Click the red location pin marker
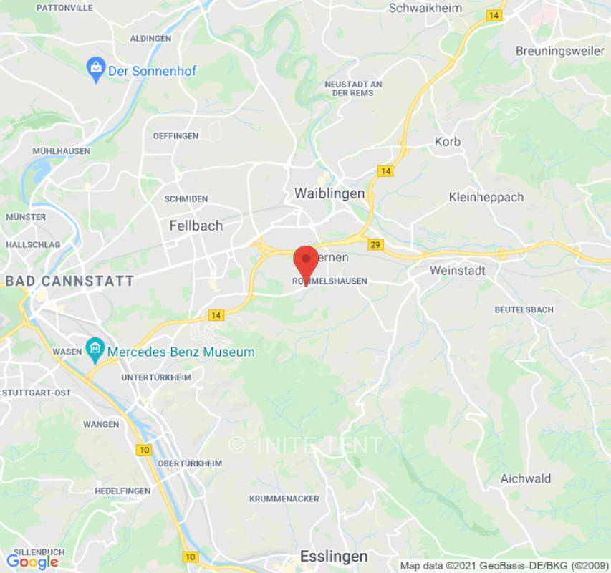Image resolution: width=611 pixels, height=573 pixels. click(x=307, y=261)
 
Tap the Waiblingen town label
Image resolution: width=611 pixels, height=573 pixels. click(x=329, y=193)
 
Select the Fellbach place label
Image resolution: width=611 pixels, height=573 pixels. click(x=196, y=226)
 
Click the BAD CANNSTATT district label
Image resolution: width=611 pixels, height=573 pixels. click(x=69, y=281)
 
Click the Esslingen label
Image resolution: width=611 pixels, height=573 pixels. click(x=334, y=557)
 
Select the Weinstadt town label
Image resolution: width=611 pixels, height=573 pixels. click(x=458, y=271)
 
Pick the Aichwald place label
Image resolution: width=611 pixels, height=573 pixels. click(x=525, y=478)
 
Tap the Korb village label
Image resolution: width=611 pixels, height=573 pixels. click(x=448, y=142)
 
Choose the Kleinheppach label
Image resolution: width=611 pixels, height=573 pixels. click(x=486, y=197)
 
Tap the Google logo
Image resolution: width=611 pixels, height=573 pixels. click(x=32, y=562)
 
